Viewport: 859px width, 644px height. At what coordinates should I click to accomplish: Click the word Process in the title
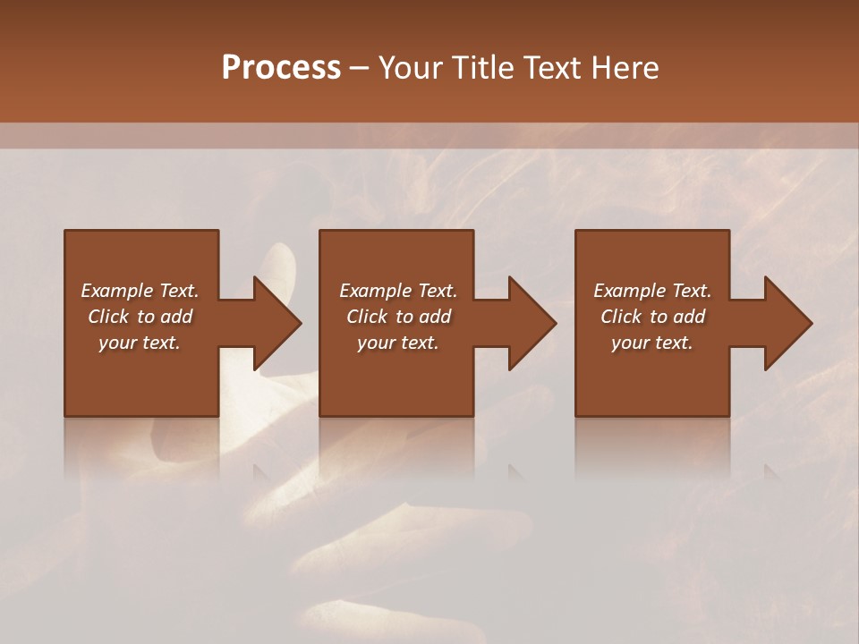(x=281, y=68)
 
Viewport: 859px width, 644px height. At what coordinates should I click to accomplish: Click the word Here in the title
(x=626, y=68)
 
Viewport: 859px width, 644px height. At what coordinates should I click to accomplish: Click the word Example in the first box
(x=117, y=291)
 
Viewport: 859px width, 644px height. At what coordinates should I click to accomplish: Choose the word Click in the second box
(x=367, y=317)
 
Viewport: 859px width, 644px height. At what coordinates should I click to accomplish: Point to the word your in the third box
(x=631, y=343)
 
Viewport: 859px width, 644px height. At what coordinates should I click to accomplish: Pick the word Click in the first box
(x=108, y=317)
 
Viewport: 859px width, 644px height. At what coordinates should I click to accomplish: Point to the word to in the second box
(x=404, y=317)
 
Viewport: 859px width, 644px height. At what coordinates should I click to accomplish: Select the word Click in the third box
(x=621, y=317)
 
